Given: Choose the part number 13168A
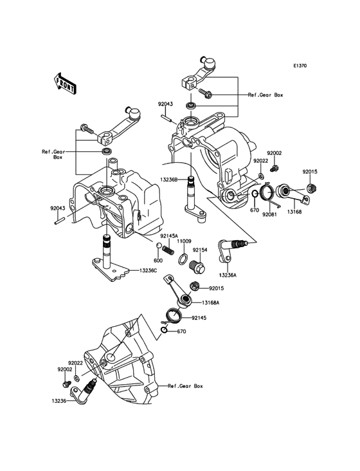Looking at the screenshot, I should pyautogui.click(x=210, y=302).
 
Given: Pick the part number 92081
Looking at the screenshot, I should pyautogui.click(x=269, y=214).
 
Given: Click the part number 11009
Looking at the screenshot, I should pyautogui.click(x=185, y=241).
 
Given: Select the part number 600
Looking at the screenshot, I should pyautogui.click(x=157, y=261).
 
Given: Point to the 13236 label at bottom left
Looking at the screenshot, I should pyautogui.click(x=60, y=400).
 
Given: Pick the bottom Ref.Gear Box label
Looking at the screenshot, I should pyautogui.click(x=185, y=386).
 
